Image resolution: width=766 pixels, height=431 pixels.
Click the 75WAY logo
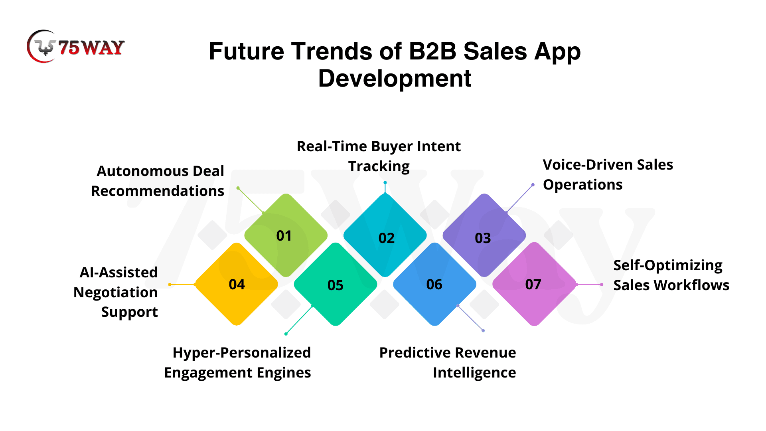coord(76,47)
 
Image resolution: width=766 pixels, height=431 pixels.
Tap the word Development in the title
coord(395,78)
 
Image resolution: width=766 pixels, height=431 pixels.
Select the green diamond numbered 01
coord(286,235)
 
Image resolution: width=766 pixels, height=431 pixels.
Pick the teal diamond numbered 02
coord(385,235)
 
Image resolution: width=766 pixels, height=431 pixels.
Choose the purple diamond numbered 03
coord(484,235)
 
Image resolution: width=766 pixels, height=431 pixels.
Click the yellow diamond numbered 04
coord(236,284)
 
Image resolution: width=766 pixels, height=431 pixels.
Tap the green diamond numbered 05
coord(336,284)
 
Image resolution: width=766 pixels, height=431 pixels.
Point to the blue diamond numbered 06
coord(434,284)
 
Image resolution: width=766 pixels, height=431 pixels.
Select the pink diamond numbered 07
coord(534,284)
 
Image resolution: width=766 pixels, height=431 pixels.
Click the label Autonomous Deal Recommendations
coord(158,181)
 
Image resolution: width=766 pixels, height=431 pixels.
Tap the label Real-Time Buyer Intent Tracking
coord(379,156)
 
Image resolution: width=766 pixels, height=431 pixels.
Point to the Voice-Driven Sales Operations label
coord(608,174)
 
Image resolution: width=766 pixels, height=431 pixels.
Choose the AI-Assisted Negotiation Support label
coord(116,292)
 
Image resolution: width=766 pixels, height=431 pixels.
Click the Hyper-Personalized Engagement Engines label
coord(237,362)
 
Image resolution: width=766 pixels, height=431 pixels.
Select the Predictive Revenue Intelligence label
coord(448,362)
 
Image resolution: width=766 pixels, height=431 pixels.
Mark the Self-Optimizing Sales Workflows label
coord(671,275)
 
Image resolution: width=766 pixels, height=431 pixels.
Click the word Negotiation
coord(116,293)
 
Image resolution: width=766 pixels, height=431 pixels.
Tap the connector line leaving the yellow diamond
coord(182,285)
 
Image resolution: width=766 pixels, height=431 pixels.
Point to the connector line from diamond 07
coord(589,285)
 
